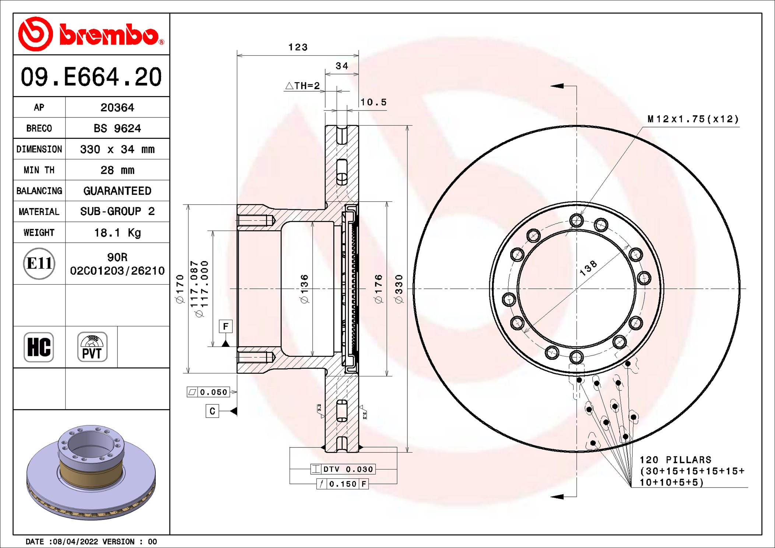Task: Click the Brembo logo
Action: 91,34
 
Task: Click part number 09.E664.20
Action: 91,77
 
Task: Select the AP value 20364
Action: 117,108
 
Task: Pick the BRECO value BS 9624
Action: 117,129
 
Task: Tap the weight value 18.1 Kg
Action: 117,233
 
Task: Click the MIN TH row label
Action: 39,170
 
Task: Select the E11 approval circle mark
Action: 39,264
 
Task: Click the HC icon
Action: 39,347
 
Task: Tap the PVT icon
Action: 92,347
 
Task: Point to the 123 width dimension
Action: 298,47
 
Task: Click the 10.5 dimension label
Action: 373,102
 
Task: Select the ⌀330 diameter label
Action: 399,289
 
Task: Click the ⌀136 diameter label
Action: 304,289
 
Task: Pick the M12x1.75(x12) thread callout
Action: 693,119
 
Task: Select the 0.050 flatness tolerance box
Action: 208,392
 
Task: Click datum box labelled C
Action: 212,411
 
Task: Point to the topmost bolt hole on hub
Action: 576,221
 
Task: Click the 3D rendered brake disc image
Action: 91,473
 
